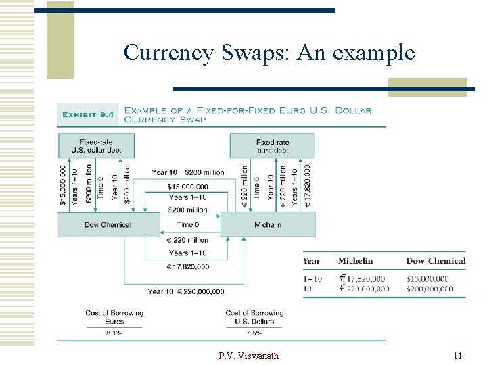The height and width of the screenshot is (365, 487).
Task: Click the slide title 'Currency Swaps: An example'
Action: point(269,52)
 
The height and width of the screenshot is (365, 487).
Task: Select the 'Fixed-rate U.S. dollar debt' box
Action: point(96,146)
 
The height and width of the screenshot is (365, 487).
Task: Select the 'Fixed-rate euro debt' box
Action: point(272,146)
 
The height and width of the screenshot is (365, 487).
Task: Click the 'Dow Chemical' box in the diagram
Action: point(108,224)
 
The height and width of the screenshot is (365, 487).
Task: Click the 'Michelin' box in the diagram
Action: point(268,224)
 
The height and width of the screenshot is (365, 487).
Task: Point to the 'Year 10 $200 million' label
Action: point(187,172)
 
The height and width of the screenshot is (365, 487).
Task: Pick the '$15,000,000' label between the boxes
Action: point(187,185)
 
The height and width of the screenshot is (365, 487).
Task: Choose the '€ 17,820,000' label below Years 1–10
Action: point(187,266)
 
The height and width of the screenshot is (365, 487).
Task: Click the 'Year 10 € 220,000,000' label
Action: point(186,291)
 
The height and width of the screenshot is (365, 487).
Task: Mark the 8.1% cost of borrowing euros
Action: point(114,333)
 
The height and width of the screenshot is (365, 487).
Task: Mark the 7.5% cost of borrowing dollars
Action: point(254,333)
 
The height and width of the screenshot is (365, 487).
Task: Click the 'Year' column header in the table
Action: point(312,261)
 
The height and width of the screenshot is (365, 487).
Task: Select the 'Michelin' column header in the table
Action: point(355,261)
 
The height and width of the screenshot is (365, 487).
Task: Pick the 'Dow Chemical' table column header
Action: point(436,261)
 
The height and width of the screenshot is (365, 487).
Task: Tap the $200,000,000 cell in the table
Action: point(430,289)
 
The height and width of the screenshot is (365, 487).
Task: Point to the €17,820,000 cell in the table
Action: point(363,278)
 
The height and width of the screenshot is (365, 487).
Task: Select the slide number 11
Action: point(457,356)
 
